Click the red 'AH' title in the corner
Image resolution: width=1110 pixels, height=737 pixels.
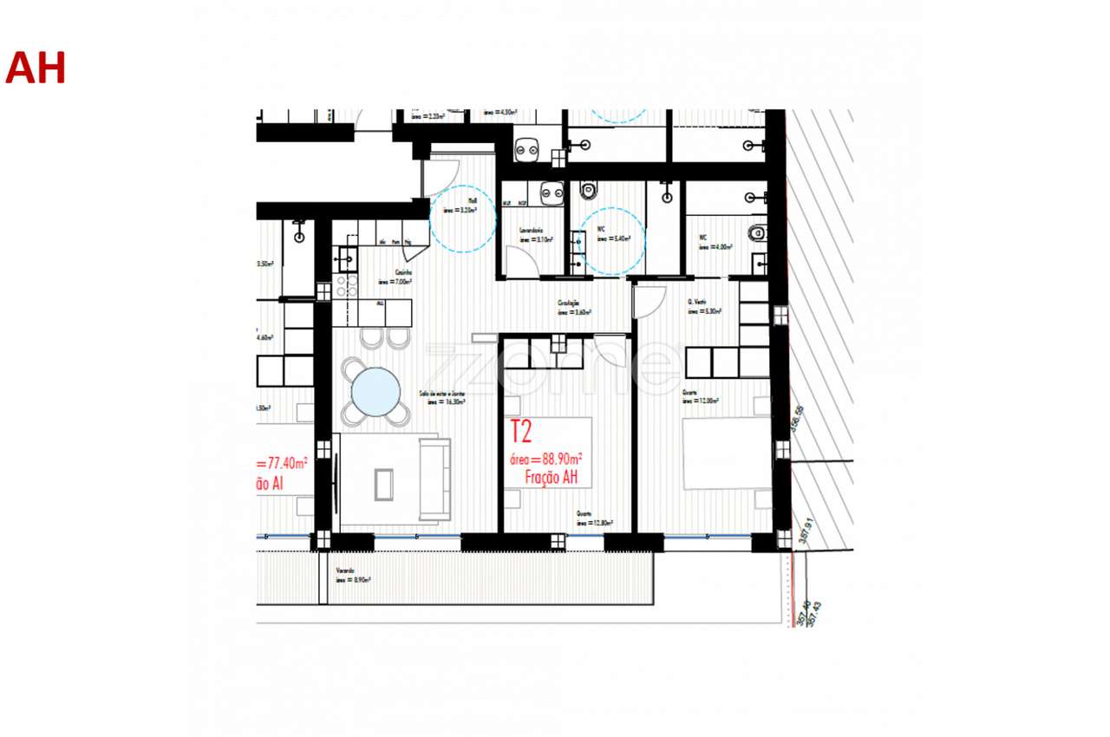tap(36, 68)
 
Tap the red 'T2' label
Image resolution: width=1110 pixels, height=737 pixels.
tap(520, 432)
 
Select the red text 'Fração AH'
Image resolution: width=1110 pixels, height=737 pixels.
tap(552, 478)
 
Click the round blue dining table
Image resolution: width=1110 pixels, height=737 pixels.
tap(375, 392)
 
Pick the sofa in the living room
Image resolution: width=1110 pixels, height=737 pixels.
tap(434, 479)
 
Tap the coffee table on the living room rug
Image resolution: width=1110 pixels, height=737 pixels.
tap(384, 484)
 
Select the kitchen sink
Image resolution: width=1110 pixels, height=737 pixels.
tap(347, 258)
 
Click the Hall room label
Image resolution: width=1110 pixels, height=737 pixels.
tap(459, 205)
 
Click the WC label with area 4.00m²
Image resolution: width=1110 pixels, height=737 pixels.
tap(709, 241)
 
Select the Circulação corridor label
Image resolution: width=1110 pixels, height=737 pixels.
tap(573, 308)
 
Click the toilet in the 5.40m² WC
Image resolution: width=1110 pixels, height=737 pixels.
tap(591, 188)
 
